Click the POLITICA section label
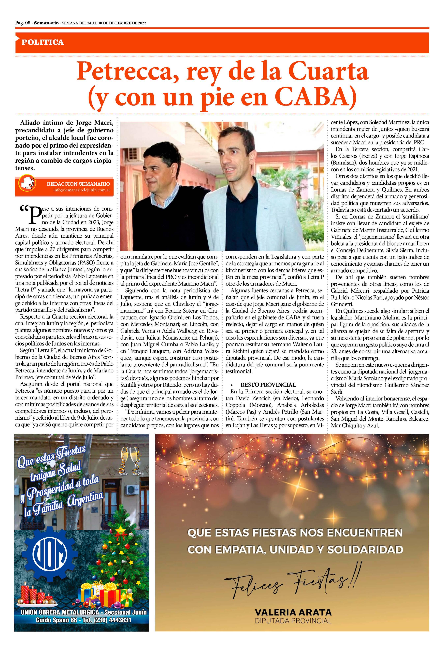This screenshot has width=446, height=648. click(43, 42)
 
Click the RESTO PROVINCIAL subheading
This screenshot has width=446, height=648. click(268, 385)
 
